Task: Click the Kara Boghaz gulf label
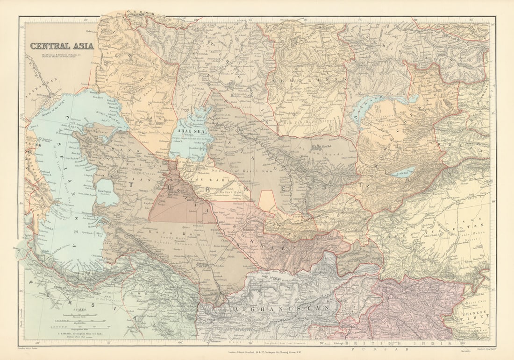coord(107,192)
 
